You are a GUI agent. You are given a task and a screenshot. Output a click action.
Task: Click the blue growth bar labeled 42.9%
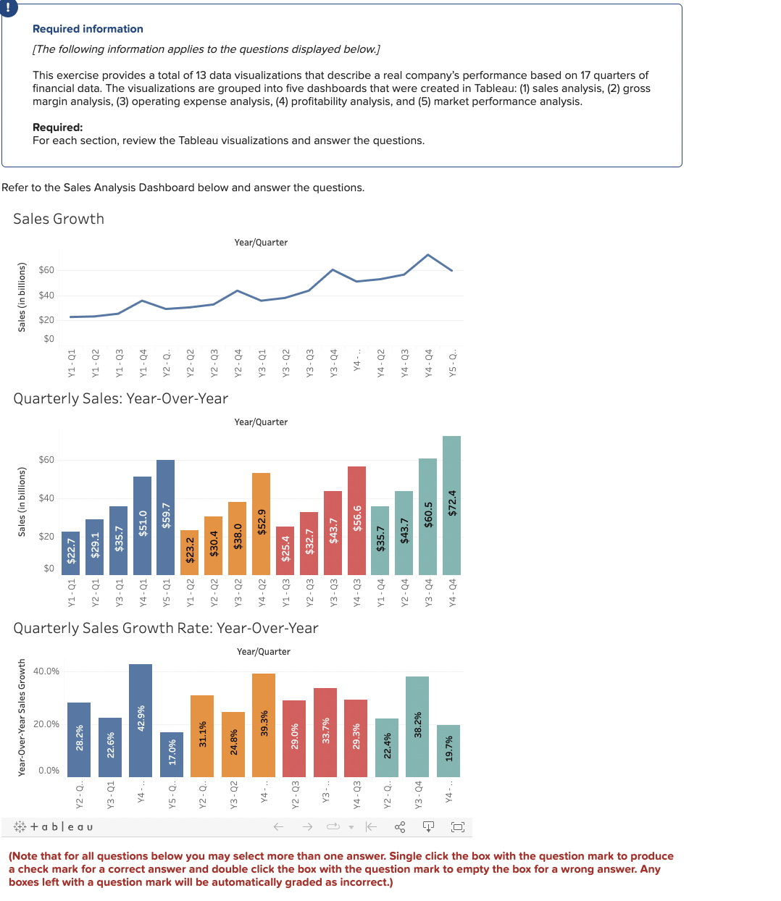(141, 720)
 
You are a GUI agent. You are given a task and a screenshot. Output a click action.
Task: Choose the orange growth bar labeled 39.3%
(264, 724)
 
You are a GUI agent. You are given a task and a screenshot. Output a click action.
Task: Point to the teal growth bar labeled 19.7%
(448, 750)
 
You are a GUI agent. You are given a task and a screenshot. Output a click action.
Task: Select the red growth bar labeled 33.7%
(325, 732)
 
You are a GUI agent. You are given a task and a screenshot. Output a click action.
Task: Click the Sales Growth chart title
(59, 219)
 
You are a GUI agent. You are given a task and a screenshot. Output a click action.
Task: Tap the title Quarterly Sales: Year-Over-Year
(120, 398)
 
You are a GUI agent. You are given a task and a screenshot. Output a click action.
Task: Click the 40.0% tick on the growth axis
(46, 671)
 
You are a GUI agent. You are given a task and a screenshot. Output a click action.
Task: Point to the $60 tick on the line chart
(46, 270)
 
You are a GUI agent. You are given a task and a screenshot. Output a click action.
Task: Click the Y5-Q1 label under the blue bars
(166, 592)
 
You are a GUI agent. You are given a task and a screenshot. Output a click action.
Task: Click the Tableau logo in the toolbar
(54, 826)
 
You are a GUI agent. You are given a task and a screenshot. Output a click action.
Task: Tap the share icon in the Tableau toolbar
(400, 826)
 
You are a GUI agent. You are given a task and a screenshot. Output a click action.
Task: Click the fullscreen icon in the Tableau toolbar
(458, 826)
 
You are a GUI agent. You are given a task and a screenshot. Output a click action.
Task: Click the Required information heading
(88, 29)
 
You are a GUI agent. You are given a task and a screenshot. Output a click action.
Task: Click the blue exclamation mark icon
(7, 7)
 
